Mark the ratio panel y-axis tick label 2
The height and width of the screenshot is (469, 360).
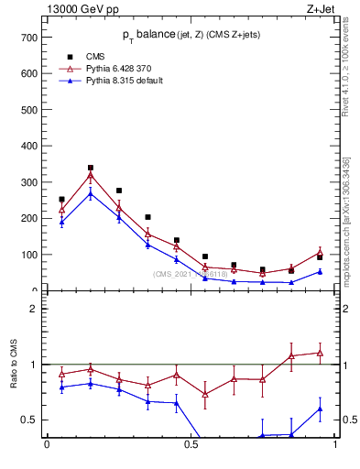(x=32, y=309)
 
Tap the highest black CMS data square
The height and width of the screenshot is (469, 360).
(x=91, y=169)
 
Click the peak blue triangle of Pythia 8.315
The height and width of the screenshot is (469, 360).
(x=91, y=193)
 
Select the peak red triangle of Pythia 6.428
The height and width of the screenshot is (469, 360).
(x=91, y=175)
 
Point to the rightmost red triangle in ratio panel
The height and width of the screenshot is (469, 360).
(x=320, y=353)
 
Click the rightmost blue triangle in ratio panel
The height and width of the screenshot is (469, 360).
(x=320, y=409)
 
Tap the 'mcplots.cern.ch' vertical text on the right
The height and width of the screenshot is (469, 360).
(x=345, y=219)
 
